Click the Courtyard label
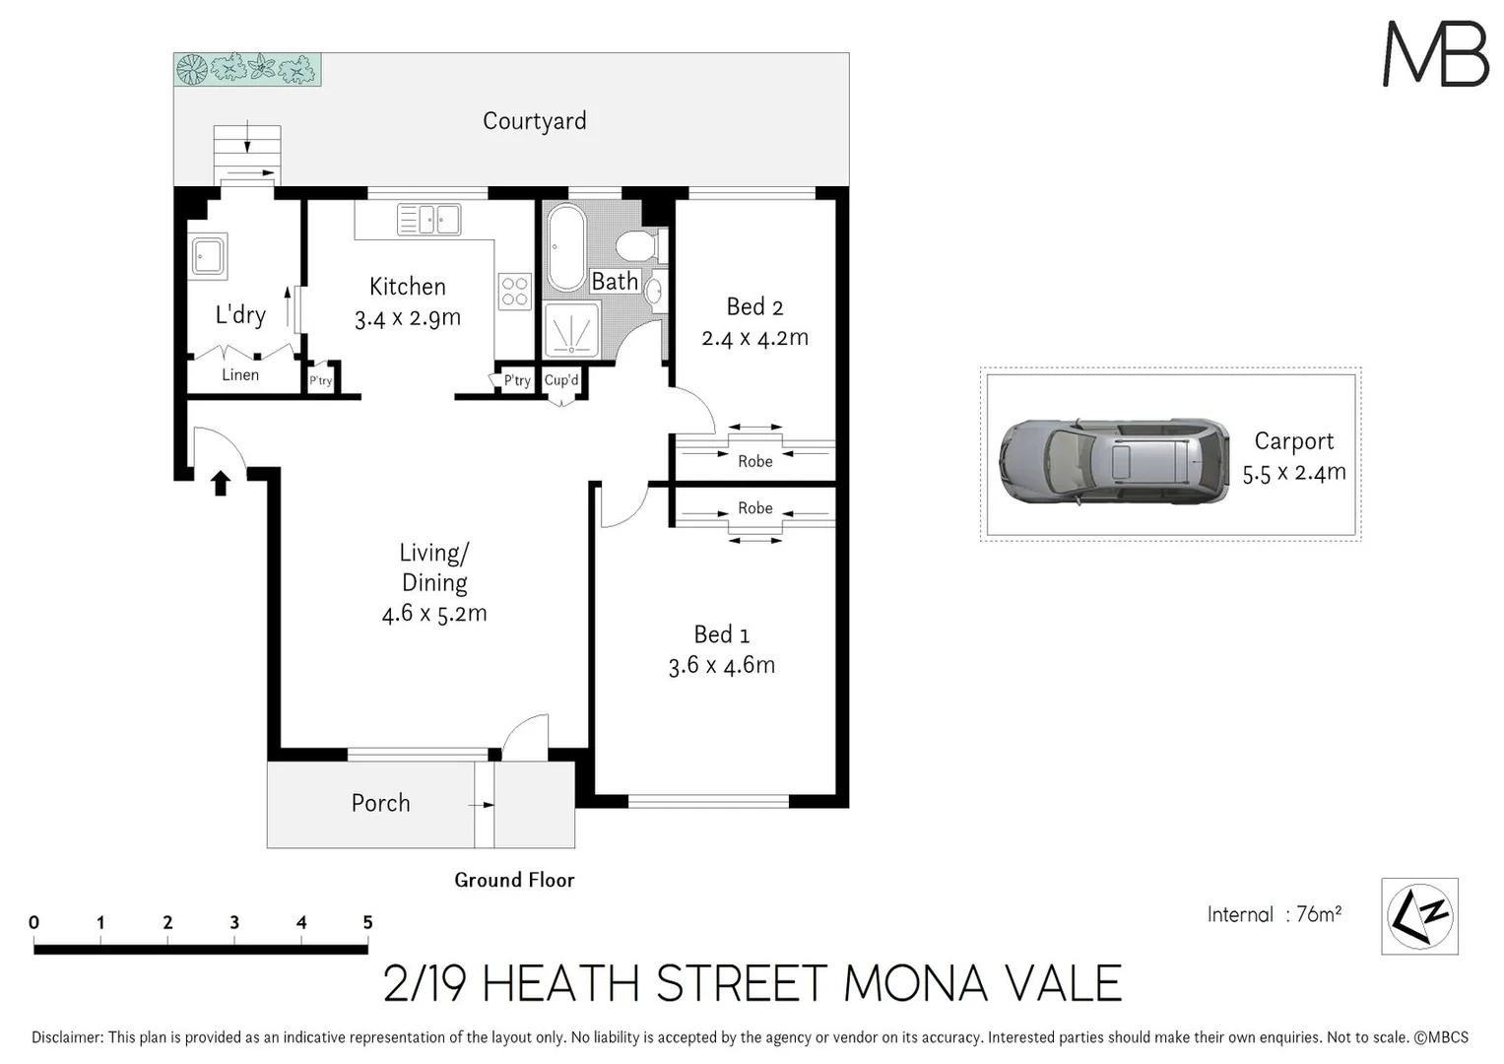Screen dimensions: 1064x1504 534,121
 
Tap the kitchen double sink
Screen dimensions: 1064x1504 428,219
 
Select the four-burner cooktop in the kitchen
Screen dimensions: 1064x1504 515,291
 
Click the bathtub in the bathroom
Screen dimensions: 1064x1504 565,246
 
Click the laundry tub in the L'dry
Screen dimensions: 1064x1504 208,255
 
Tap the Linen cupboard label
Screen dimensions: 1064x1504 240,375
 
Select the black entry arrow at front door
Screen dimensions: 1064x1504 221,482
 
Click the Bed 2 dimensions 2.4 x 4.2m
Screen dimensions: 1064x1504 754,338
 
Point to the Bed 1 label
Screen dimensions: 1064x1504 721,634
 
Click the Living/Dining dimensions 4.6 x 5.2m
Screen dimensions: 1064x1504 434,614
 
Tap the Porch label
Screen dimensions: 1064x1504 380,803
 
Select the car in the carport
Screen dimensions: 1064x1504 1113,462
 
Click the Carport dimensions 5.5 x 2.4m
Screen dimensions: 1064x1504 1293,473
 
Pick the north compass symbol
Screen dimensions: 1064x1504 1419,916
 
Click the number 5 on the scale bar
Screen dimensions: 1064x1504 367,923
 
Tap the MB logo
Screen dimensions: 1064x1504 1435,54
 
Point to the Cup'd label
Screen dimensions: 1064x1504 561,380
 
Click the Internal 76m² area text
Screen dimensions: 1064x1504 1274,915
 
